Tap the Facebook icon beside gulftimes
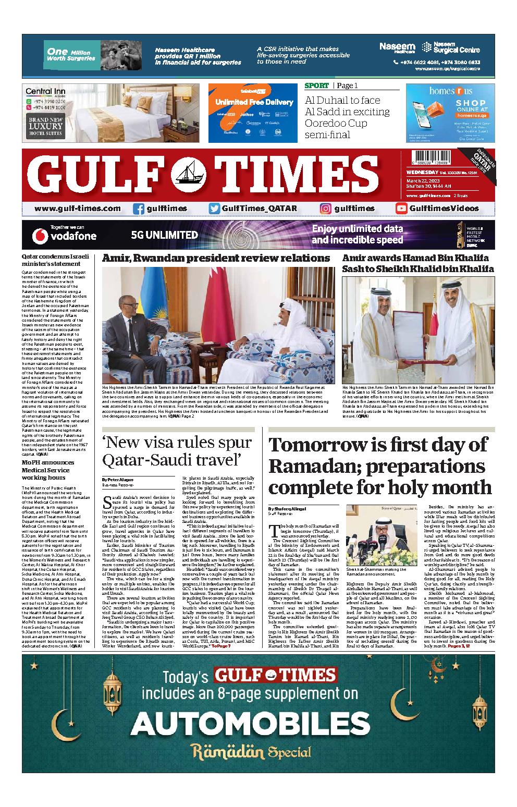[x=139, y=209]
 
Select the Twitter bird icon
[x=214, y=209]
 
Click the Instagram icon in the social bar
[x=326, y=209]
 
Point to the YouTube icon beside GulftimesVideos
[x=401, y=209]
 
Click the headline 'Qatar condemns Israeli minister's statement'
[x=55, y=260]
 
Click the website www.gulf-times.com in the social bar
[x=78, y=209]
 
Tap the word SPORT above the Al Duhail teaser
[x=317, y=85]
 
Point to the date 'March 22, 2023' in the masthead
[x=423, y=181]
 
